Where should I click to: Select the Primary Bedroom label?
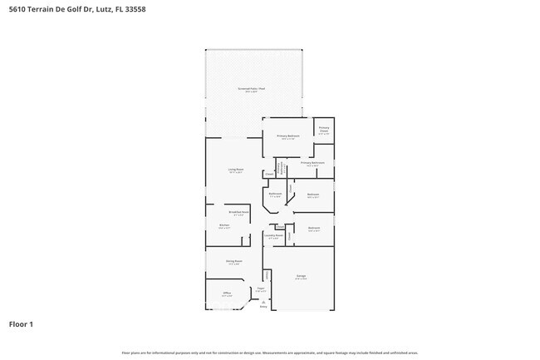[x=288, y=136]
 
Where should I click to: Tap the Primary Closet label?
[x=324, y=130]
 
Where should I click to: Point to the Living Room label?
[x=236, y=170]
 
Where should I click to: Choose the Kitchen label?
[x=223, y=225]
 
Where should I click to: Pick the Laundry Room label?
[x=273, y=236]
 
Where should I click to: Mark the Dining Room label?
[x=233, y=262]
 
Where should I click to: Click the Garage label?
[x=302, y=277]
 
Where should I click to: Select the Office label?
[x=226, y=293]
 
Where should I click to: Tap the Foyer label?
[x=260, y=289]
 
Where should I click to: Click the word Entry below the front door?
[x=263, y=307]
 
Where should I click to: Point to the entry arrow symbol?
[x=263, y=302]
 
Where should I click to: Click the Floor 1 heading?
[x=22, y=324]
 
